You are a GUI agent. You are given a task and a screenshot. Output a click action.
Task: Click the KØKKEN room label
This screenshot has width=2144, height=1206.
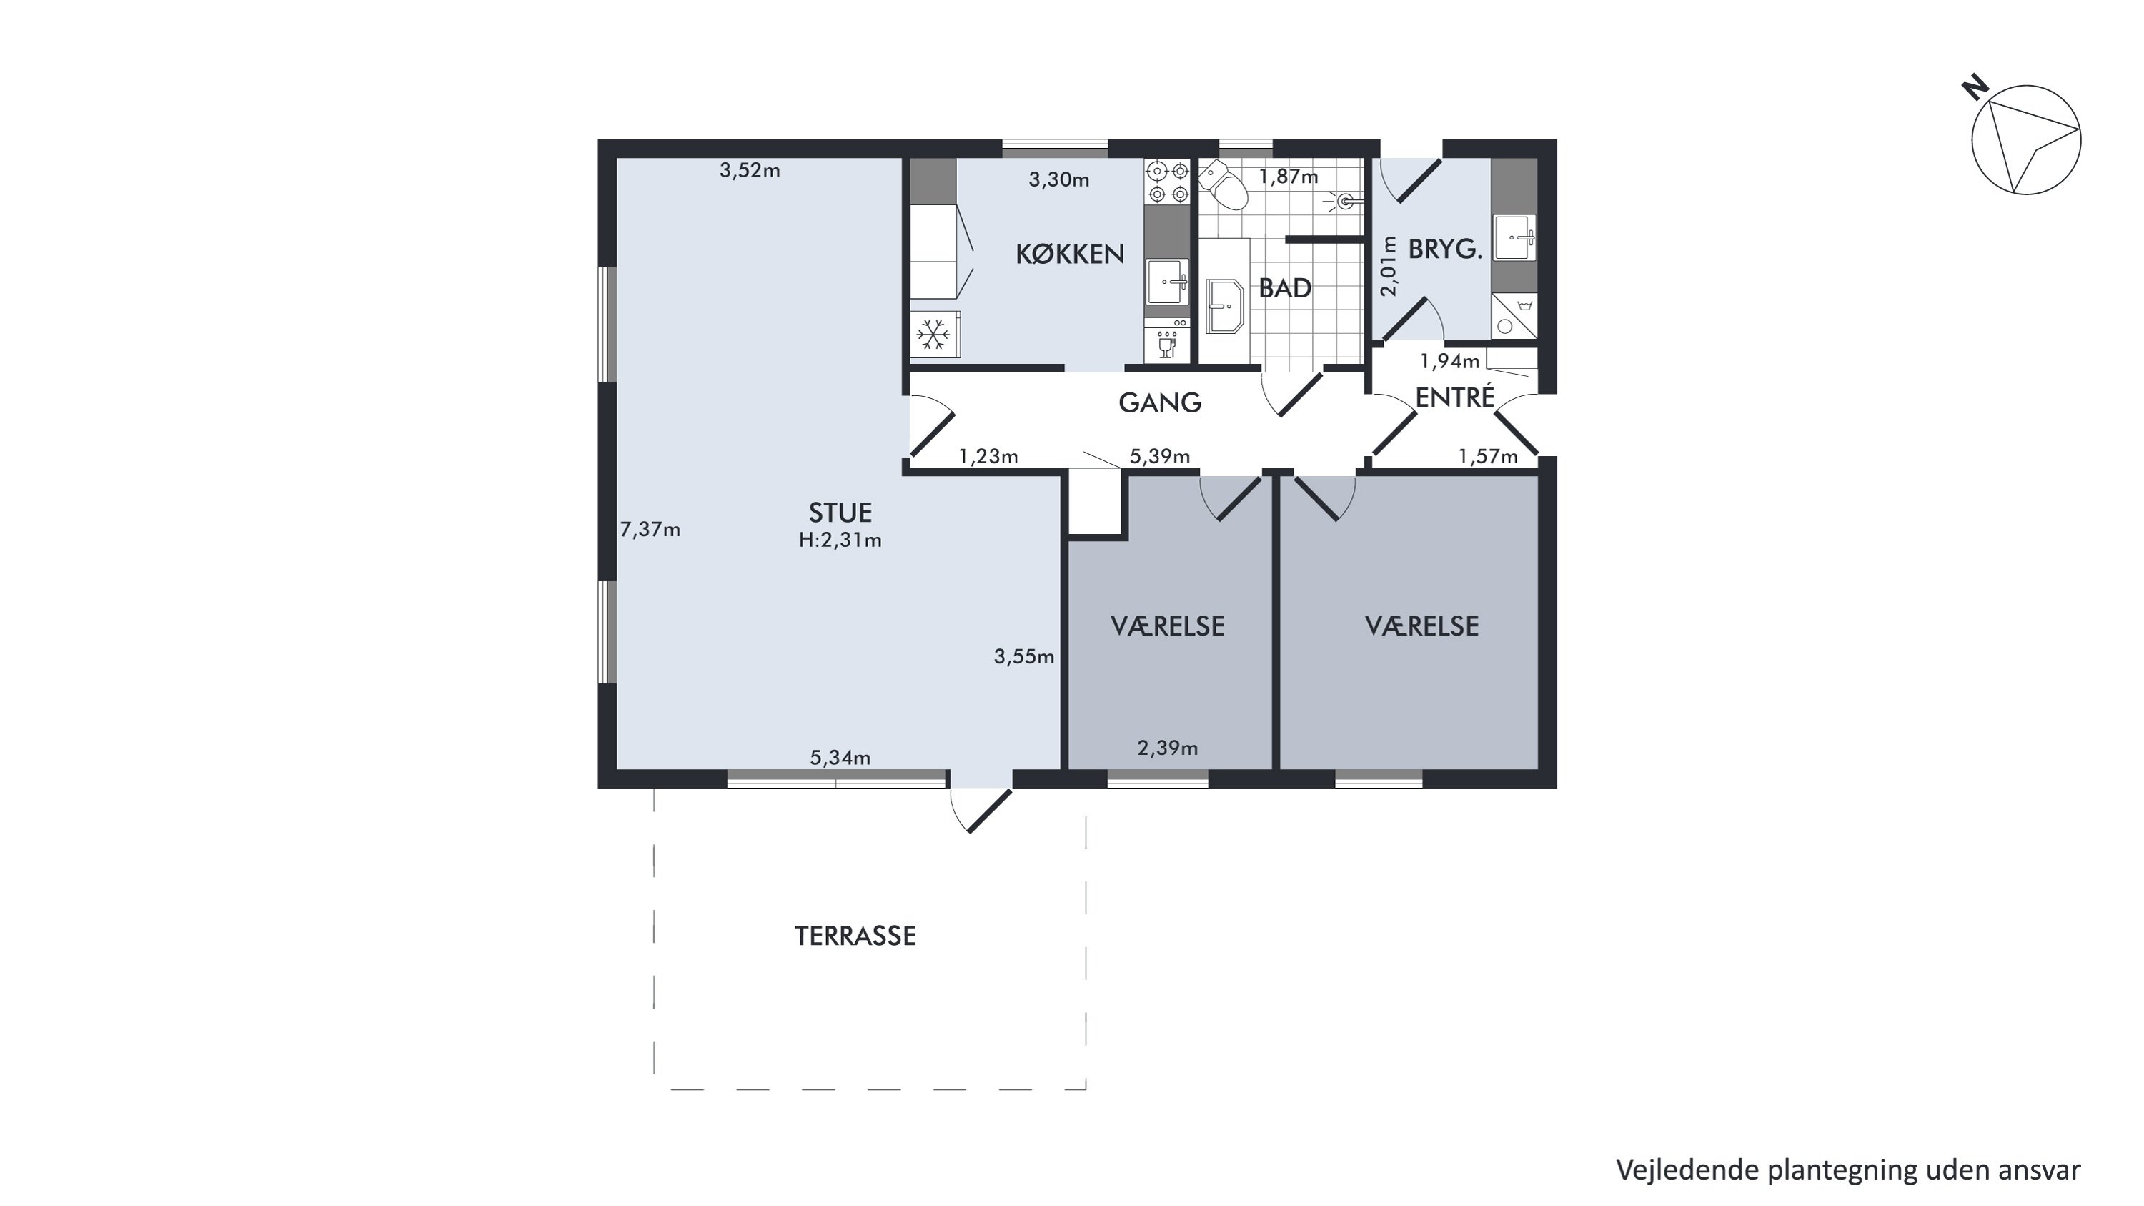point(1070,254)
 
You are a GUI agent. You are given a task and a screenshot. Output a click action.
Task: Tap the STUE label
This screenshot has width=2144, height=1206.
point(840,512)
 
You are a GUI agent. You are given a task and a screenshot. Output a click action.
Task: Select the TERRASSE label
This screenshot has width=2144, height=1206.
point(855,936)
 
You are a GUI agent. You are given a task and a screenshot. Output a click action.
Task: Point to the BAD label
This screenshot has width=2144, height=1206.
point(1285,288)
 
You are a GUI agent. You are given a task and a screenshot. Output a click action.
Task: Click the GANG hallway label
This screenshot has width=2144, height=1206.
point(1159,402)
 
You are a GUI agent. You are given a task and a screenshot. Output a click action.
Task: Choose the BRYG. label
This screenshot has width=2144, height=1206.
point(1446,249)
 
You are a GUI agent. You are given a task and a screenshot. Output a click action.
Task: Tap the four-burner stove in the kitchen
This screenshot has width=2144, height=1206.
point(1168,182)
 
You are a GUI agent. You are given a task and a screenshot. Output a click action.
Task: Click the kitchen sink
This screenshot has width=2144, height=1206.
point(1167,282)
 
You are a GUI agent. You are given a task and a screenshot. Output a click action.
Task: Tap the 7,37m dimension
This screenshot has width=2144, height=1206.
point(650,529)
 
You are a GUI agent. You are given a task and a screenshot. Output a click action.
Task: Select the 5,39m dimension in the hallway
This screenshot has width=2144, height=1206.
point(1159,456)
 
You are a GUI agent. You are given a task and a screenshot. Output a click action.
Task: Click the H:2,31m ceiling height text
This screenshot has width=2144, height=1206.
point(840,540)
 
